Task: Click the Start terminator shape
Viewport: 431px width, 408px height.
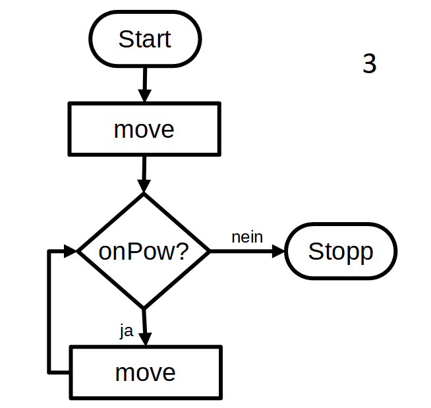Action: point(144,39)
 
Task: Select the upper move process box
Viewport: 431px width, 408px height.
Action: point(144,129)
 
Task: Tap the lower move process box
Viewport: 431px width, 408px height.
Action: point(145,372)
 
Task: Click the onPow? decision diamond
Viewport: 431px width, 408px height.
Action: point(144,251)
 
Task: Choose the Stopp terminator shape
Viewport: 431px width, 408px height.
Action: point(341,252)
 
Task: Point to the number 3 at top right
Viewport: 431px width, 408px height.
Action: point(369,64)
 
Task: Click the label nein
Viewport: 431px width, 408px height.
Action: point(247,237)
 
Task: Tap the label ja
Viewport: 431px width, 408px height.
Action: point(127,331)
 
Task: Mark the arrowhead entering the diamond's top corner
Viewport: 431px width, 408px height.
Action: point(144,186)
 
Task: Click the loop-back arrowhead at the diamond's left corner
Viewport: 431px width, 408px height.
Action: point(71,251)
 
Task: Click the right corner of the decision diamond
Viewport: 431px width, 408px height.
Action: point(208,251)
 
